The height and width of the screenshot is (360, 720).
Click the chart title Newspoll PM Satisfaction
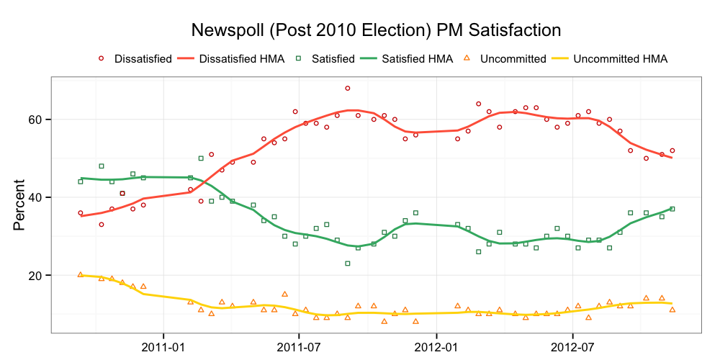click(x=375, y=30)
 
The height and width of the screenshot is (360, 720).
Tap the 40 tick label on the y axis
click(x=36, y=197)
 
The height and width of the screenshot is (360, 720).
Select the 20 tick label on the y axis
click(x=36, y=276)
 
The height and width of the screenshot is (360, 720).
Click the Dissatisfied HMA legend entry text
click(x=241, y=59)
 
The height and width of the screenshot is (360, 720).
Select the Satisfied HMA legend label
click(x=417, y=59)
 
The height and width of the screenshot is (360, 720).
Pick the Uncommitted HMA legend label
click(x=621, y=59)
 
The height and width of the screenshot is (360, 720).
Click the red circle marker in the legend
click(x=101, y=58)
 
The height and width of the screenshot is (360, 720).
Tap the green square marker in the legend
click(x=298, y=58)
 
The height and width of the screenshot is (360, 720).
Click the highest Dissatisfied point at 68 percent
click(x=347, y=89)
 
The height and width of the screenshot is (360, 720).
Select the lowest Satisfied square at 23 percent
click(x=347, y=264)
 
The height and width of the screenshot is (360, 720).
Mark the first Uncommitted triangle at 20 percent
click(x=80, y=274)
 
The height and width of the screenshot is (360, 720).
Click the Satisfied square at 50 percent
click(x=201, y=158)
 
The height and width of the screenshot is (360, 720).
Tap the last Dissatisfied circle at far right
click(x=672, y=150)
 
